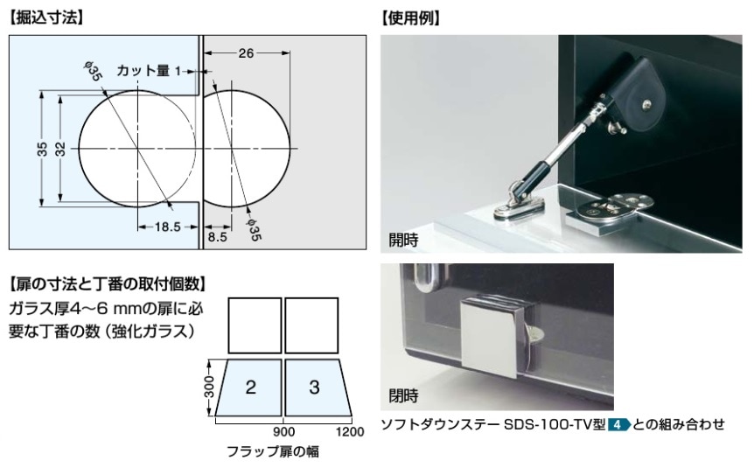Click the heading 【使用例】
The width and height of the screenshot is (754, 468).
point(410,16)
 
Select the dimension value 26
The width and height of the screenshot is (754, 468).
point(245,54)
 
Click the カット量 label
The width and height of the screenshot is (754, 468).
point(143,70)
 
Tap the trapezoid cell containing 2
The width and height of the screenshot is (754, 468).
point(249,388)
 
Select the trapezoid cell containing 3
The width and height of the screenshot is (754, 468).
point(315,388)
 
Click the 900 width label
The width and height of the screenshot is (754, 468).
point(283,432)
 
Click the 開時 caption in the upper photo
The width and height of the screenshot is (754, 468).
point(404,238)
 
